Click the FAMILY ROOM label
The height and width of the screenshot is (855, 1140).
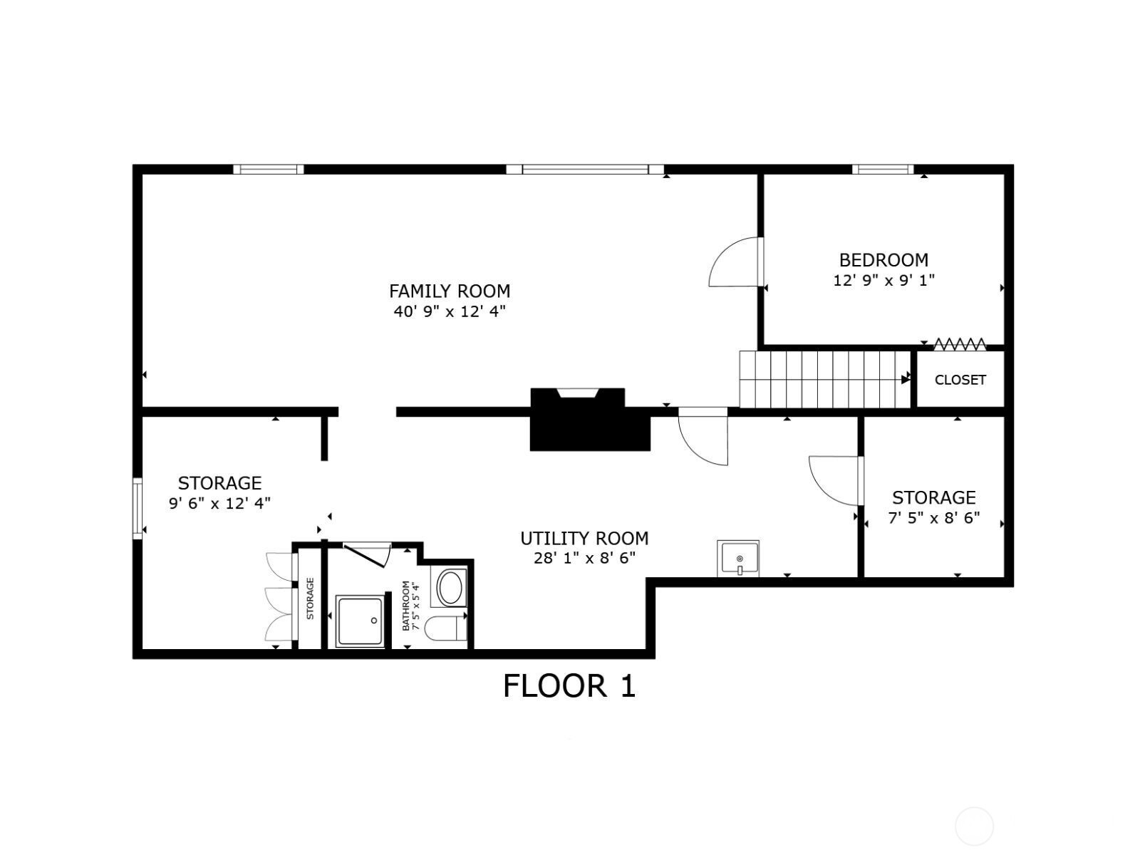(450, 291)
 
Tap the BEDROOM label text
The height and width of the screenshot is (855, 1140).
(883, 259)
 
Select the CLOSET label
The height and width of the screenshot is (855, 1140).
(960, 380)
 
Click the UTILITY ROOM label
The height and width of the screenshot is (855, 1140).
(584, 539)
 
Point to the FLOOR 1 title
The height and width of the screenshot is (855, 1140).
(569, 685)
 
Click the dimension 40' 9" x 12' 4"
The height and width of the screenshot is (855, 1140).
(450, 311)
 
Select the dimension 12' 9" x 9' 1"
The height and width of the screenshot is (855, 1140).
(883, 280)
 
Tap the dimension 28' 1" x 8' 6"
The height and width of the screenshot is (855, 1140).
(584, 559)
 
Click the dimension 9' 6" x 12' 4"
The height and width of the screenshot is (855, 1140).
(219, 503)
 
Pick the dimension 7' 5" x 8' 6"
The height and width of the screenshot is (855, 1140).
(934, 517)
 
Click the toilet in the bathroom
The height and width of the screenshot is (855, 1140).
(445, 628)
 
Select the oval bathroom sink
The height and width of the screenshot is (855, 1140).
(450, 587)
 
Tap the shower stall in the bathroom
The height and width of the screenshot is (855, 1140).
(360, 621)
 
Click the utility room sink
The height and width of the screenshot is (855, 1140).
(738, 559)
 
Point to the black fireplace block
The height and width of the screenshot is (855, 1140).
(589, 420)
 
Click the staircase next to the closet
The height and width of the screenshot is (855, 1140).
(825, 380)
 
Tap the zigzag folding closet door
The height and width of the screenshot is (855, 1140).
(959, 344)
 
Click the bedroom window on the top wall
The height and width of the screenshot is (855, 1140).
(882, 170)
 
